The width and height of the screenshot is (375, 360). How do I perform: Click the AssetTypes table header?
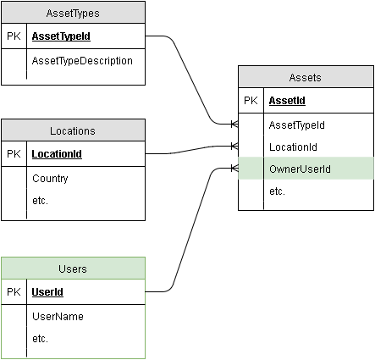pos(73,13)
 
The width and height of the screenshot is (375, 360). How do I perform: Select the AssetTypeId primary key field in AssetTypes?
pos(61,37)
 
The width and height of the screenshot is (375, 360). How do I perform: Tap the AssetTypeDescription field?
pos(82,61)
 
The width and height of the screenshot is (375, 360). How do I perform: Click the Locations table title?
pos(73,130)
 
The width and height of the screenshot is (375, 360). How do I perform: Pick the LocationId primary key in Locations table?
pos(57,155)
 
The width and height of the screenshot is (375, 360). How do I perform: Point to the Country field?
pos(50,179)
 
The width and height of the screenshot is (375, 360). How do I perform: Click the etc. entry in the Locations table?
pos(40,201)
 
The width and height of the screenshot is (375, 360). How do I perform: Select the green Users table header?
pos(73,269)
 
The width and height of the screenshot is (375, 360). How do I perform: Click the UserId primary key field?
pos(47,292)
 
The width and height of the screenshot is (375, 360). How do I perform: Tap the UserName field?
pos(58,316)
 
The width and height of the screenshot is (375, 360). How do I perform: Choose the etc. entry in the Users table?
pos(40,338)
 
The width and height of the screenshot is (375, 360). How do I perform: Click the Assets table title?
pos(306,77)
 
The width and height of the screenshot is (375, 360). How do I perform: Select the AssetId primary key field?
pos(286,101)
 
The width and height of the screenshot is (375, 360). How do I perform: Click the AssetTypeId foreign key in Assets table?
pos(296,125)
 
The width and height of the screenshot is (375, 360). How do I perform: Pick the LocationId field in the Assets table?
pos(293,147)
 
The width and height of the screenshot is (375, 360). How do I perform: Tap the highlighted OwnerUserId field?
pos(299,169)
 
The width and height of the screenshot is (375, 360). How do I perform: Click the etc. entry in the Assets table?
pos(277,191)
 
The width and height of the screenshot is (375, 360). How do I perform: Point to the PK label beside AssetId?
pos(251,101)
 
